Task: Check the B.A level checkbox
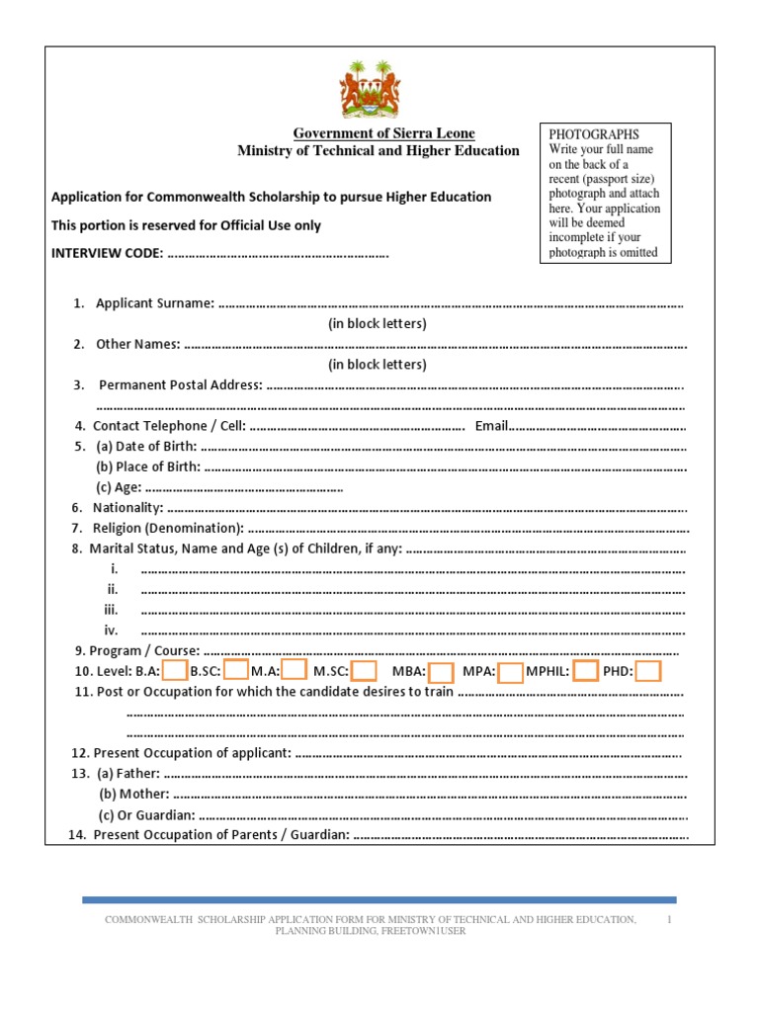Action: click(x=175, y=671)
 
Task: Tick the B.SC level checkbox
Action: click(x=235, y=671)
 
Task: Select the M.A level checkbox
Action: click(x=294, y=671)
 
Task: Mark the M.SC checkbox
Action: click(x=364, y=672)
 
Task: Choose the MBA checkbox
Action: click(x=441, y=673)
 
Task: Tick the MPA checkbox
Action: click(x=510, y=673)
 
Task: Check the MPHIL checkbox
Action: click(x=585, y=672)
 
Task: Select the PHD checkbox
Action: click(x=647, y=672)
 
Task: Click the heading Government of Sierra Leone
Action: click(x=383, y=133)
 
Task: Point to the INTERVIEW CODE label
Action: click(x=107, y=254)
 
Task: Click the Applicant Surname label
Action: click(x=154, y=303)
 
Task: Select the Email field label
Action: click(x=491, y=426)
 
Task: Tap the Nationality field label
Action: click(x=127, y=507)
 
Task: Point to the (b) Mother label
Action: click(x=134, y=794)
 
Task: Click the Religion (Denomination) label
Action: click(x=168, y=528)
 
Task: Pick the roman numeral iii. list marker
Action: click(x=112, y=610)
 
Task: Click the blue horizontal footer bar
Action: click(x=379, y=899)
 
